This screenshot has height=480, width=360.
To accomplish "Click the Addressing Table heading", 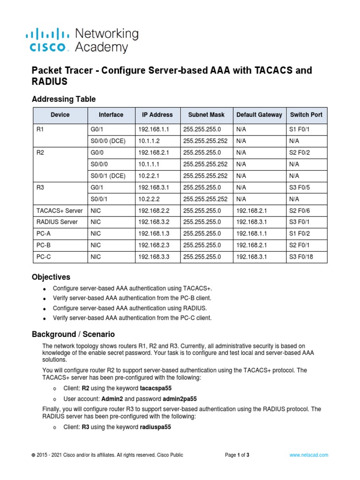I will point(63,99).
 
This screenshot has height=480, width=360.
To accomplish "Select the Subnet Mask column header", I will point(206,115).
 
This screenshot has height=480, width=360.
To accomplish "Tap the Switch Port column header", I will point(306,115).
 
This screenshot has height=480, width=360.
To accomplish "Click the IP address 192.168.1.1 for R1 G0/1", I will point(152,129).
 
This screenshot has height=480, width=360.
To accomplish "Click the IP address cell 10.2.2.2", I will point(148,199).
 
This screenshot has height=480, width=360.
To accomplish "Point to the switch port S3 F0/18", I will point(302,257).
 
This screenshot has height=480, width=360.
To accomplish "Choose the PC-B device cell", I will point(44,245).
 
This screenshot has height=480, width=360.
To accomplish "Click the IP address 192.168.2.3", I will point(152,245).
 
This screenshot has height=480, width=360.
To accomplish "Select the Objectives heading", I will point(51,277).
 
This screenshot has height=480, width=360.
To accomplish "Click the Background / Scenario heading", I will point(73,335).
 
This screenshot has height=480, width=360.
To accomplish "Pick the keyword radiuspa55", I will point(155,427).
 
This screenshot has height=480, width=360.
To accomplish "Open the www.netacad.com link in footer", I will point(308,455).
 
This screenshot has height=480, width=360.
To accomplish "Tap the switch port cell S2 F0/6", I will point(300,210).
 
